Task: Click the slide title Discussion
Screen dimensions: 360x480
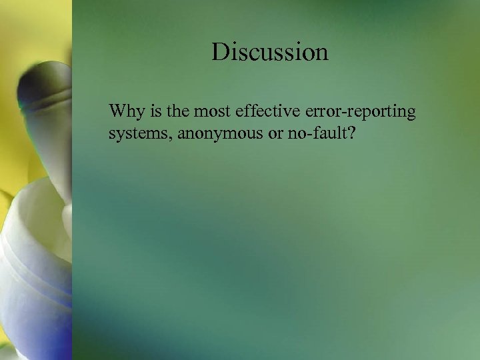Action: (270, 52)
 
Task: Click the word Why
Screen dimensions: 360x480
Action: (124, 111)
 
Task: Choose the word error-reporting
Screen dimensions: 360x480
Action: (353, 111)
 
